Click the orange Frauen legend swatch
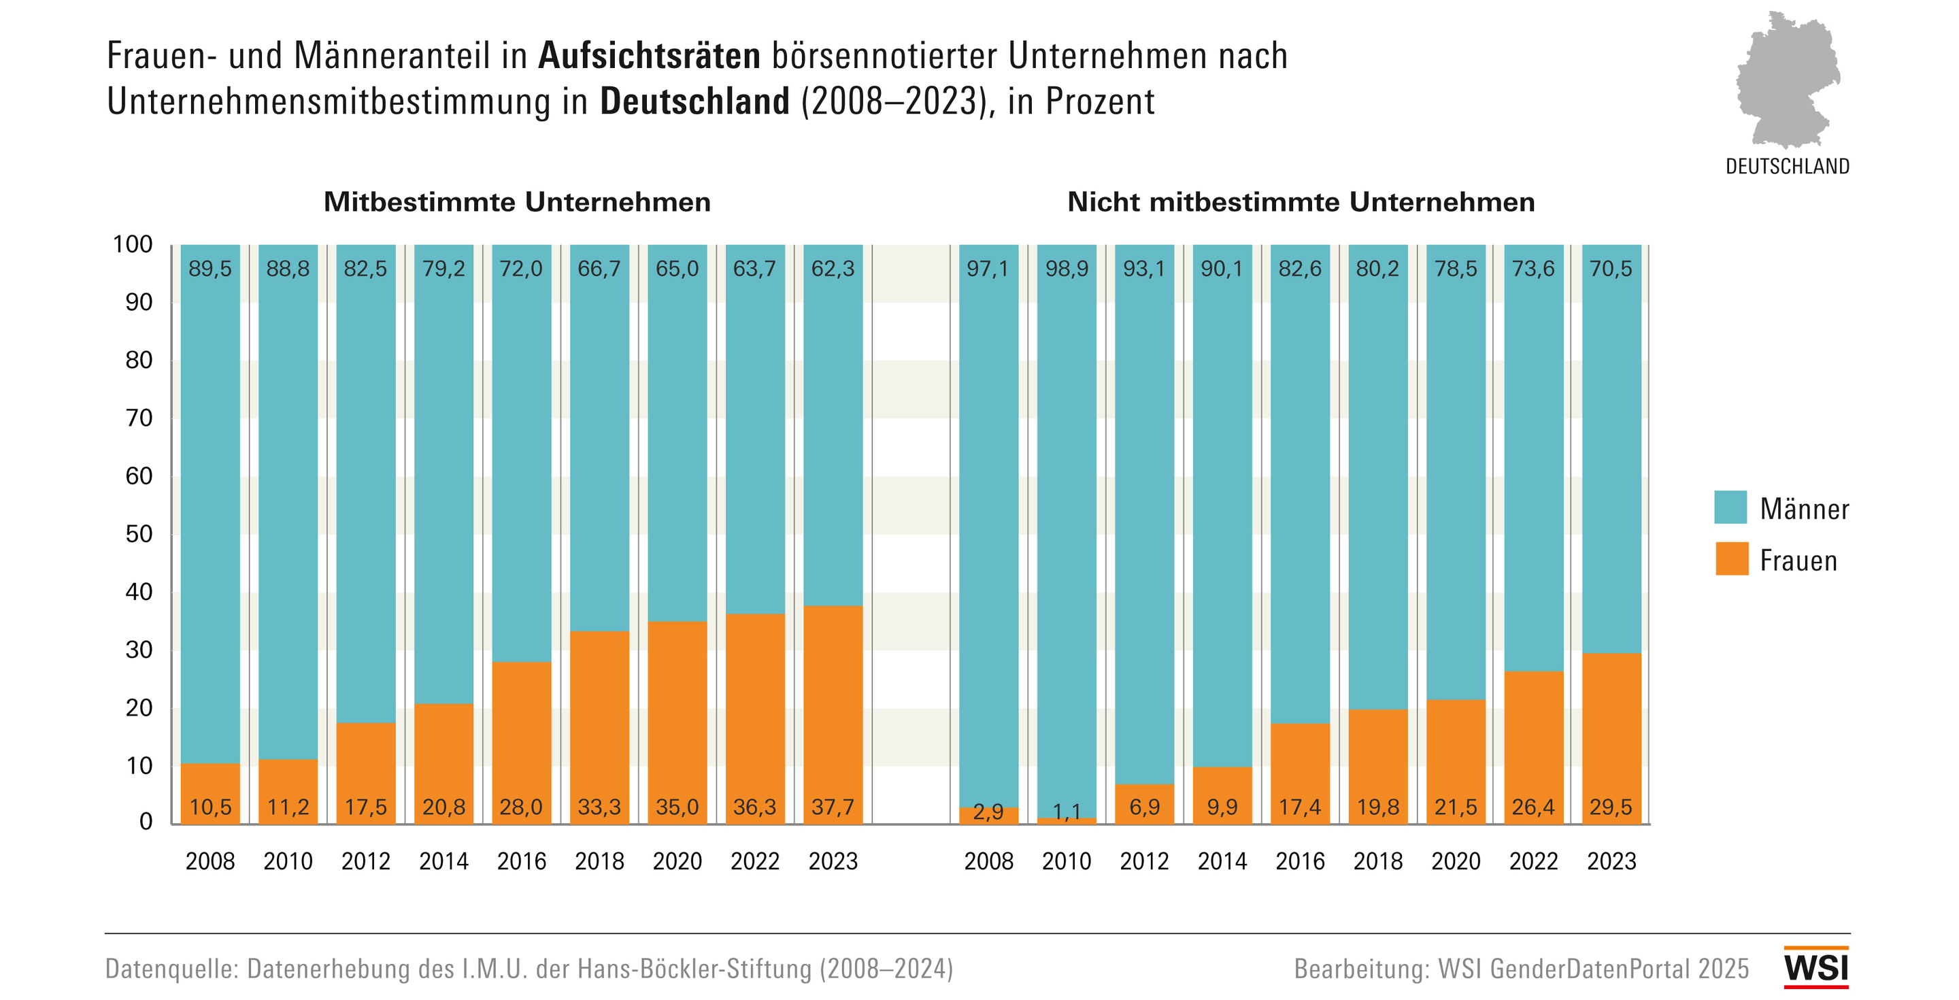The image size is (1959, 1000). pyautogui.click(x=1731, y=559)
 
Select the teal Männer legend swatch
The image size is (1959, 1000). pyautogui.click(x=1730, y=507)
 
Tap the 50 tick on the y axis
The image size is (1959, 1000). pyautogui.click(x=139, y=534)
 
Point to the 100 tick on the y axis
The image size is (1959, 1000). pyautogui.click(x=133, y=244)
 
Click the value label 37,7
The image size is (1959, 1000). pyautogui.click(x=833, y=807)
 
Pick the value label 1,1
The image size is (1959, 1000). pyautogui.click(x=1066, y=812)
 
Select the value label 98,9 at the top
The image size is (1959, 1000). pyautogui.click(x=1066, y=269)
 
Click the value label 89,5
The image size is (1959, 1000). pyautogui.click(x=210, y=269)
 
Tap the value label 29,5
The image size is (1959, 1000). pyautogui.click(x=1611, y=807)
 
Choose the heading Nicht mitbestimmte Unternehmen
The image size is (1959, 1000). pyautogui.click(x=1301, y=202)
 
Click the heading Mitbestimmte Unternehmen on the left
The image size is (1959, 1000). pyautogui.click(x=517, y=202)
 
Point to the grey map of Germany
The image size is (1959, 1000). pyautogui.click(x=1786, y=80)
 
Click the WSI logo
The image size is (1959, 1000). pyautogui.click(x=1816, y=967)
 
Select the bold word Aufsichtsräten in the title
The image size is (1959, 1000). pyautogui.click(x=649, y=56)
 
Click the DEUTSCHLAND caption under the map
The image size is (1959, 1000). pyautogui.click(x=1787, y=167)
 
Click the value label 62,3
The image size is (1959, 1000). pyautogui.click(x=833, y=269)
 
